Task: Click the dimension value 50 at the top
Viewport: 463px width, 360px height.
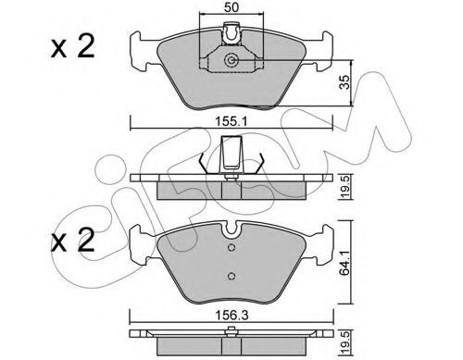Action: pos(231,7)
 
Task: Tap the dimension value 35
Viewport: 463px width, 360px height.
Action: pos(344,82)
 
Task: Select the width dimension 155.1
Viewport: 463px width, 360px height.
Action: pos(231,122)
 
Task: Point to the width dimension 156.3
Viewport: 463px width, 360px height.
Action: pos(231,316)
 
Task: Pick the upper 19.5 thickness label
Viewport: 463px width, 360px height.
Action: pos(345,187)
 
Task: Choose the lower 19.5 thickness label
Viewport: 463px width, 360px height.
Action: pos(345,341)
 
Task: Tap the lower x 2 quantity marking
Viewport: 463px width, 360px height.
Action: pos(73,240)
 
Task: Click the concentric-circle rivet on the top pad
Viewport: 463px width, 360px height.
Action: pos(231,60)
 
